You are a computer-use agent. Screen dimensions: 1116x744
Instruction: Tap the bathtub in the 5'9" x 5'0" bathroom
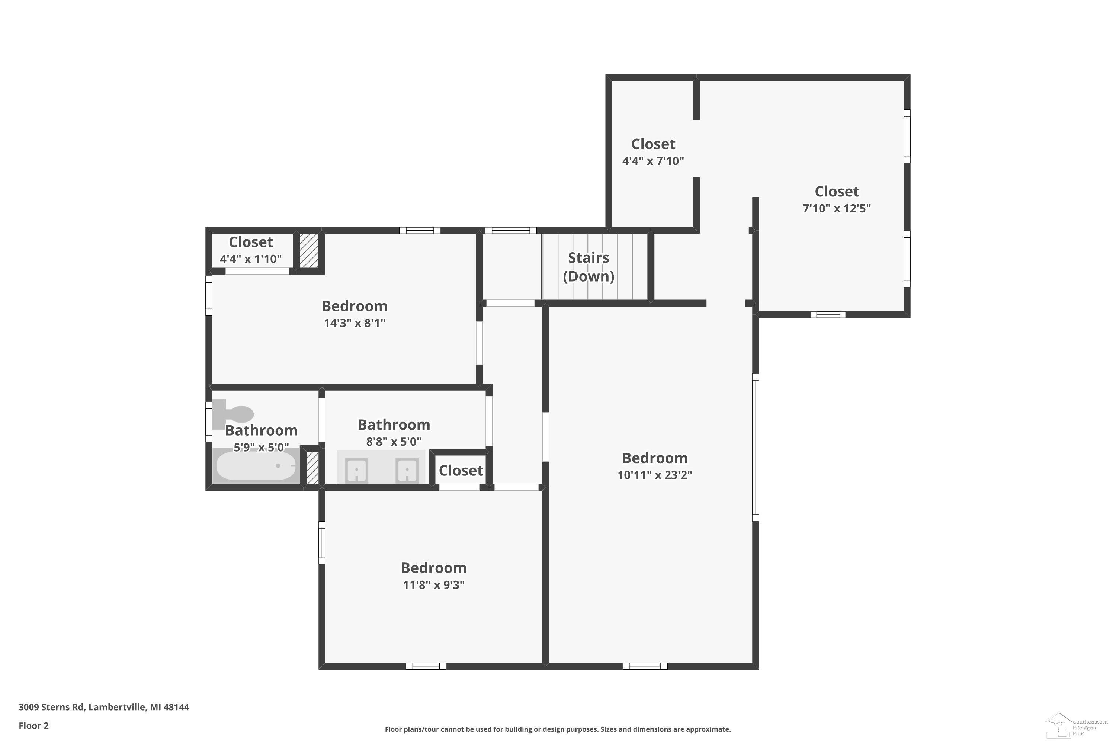click(x=256, y=465)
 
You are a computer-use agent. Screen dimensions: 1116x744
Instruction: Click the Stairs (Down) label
click(x=589, y=267)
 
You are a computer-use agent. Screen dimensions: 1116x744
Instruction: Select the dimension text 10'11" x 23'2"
click(x=655, y=475)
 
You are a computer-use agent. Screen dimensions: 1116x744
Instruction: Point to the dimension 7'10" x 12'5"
click(x=837, y=208)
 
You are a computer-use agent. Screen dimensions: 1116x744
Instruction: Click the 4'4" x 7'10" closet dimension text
click(x=653, y=161)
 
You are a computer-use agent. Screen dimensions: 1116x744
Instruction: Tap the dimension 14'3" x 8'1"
click(x=355, y=323)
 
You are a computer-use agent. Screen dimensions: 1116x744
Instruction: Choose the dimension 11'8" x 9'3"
click(x=434, y=584)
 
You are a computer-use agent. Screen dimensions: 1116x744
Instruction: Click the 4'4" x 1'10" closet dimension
click(x=250, y=259)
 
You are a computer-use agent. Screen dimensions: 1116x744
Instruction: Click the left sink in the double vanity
click(x=356, y=470)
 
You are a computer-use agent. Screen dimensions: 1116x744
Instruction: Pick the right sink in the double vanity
click(x=407, y=470)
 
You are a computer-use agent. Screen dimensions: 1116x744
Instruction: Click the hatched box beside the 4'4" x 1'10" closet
click(x=309, y=250)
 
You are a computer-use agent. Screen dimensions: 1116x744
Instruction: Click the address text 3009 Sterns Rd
click(x=51, y=707)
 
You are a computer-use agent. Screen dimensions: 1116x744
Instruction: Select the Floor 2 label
click(x=34, y=725)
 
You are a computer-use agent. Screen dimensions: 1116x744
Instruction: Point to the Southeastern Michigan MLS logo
click(x=1076, y=725)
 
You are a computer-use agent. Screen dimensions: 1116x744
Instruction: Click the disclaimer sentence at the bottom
click(x=558, y=729)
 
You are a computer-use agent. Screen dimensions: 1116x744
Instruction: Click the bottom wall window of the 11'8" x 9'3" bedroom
click(x=426, y=666)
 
